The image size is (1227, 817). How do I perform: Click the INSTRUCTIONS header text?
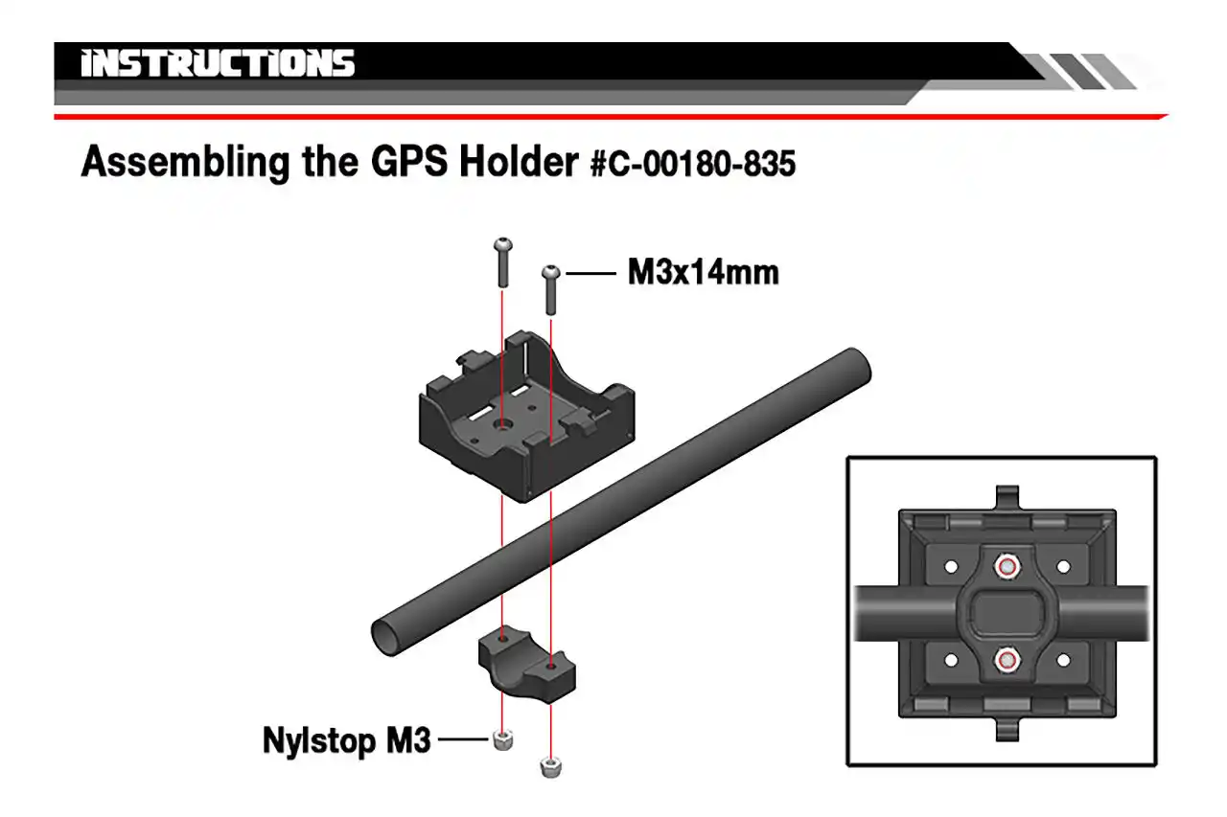coord(219,64)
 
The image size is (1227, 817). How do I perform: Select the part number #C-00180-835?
coord(693,164)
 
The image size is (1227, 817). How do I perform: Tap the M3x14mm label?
coord(703,273)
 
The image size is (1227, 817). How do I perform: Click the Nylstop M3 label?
coord(347,740)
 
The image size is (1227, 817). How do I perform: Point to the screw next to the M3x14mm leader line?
coord(551,288)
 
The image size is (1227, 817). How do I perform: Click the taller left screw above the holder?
coord(503,262)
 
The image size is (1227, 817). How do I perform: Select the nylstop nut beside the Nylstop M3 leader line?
coord(500,739)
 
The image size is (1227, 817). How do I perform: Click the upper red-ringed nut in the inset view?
coord(1006,567)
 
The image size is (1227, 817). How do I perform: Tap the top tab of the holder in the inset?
coord(1007,497)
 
